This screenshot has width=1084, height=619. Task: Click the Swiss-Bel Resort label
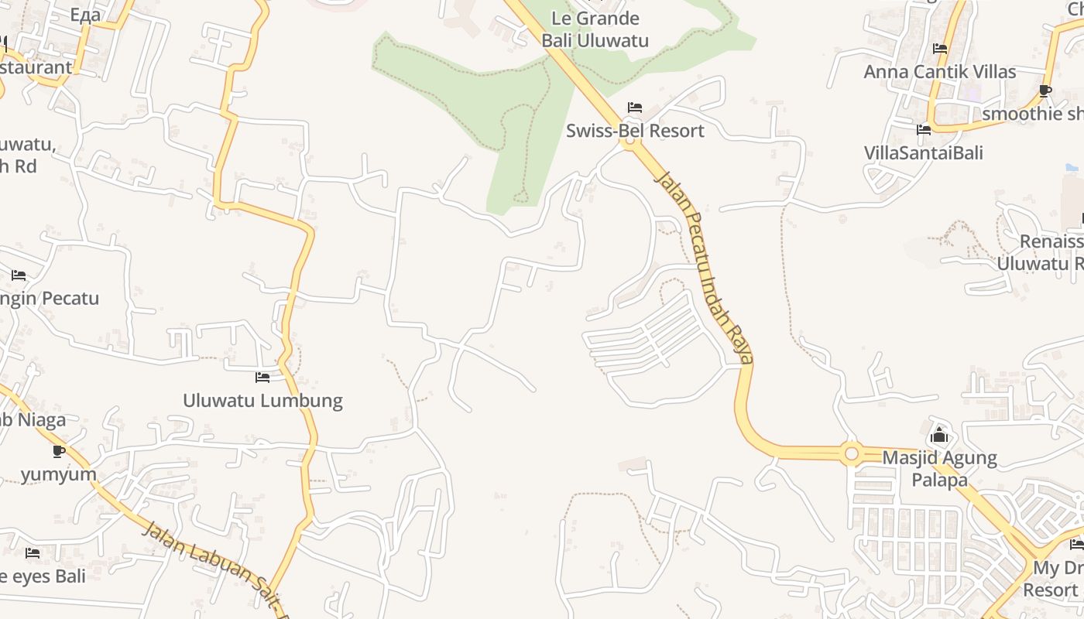tap(635, 131)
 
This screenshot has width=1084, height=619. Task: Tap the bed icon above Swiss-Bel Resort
tap(635, 107)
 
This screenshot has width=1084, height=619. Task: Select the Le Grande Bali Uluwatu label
tap(595, 29)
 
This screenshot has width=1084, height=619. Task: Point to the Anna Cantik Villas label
tap(939, 72)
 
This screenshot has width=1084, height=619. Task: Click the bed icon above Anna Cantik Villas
tap(940, 48)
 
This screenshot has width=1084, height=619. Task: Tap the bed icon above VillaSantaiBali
tap(923, 129)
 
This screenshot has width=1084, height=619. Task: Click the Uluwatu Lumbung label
tap(262, 401)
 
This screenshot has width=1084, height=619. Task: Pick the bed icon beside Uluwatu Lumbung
tap(262, 378)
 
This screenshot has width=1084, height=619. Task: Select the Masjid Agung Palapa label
tap(939, 468)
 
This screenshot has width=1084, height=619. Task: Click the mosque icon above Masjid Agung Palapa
tap(939, 435)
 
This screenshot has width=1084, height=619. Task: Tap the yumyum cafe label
tap(59, 474)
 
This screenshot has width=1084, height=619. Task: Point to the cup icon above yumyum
tap(58, 450)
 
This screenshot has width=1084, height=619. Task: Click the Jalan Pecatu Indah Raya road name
tap(705, 267)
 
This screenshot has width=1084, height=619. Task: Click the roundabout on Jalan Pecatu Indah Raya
tap(852, 453)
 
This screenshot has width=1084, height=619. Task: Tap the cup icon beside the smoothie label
tap(1045, 91)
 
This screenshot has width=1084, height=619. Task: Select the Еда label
tap(85, 15)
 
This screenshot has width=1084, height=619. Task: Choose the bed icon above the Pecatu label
tap(19, 275)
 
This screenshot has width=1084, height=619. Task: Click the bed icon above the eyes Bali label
tap(33, 552)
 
